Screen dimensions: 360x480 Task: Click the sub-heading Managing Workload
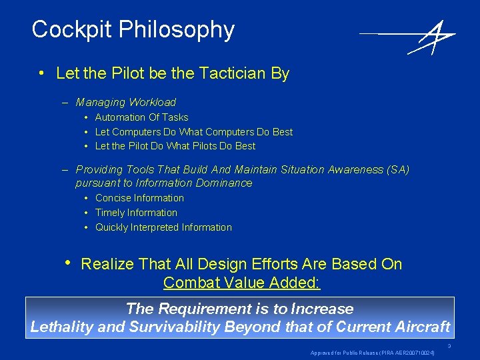coord(125,103)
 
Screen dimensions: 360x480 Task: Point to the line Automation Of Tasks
coord(141,117)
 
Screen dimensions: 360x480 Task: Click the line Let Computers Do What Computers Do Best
coord(193,132)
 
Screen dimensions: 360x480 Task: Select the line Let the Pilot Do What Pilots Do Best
coord(175,146)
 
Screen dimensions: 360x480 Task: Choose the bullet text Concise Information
coord(139,198)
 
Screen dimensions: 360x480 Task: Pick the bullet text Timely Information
coord(136,213)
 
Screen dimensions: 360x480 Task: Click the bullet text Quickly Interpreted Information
coord(163,227)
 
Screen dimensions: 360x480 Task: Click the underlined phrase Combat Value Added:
coord(241,283)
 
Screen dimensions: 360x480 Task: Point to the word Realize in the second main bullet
coord(107,265)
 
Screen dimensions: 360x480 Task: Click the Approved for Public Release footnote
coord(372,353)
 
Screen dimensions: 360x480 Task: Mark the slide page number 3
coord(449,346)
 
